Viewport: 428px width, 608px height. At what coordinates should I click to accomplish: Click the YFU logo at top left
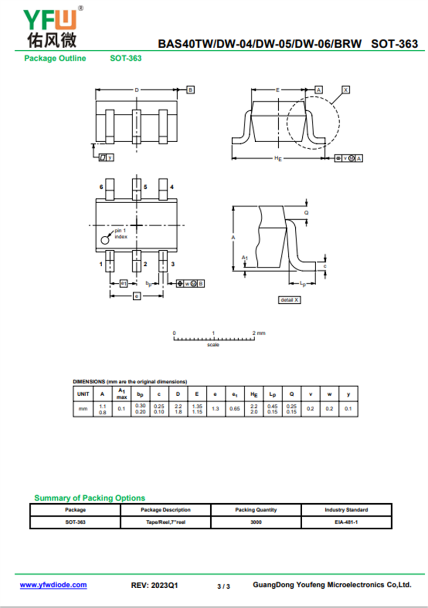[52, 27]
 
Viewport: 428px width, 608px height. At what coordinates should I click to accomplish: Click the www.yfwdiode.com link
[53, 584]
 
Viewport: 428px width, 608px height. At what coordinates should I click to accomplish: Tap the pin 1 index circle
[105, 240]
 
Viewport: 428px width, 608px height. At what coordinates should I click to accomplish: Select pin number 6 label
[101, 187]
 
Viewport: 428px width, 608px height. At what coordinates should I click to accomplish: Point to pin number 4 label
[172, 187]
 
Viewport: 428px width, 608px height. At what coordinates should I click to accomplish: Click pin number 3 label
[173, 264]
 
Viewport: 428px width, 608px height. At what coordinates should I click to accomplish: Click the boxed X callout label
[346, 90]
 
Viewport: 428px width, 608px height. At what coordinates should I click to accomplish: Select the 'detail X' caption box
[290, 300]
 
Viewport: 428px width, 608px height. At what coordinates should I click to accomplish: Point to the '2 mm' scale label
[259, 333]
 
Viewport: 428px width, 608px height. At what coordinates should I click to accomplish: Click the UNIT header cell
[83, 394]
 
